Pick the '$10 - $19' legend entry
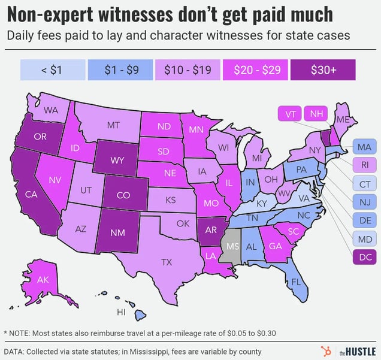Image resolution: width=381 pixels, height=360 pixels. click(188, 69)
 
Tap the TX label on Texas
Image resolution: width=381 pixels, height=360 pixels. click(167, 261)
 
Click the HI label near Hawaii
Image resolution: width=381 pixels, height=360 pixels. click(121, 312)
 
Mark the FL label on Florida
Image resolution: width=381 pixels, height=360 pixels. click(295, 282)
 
